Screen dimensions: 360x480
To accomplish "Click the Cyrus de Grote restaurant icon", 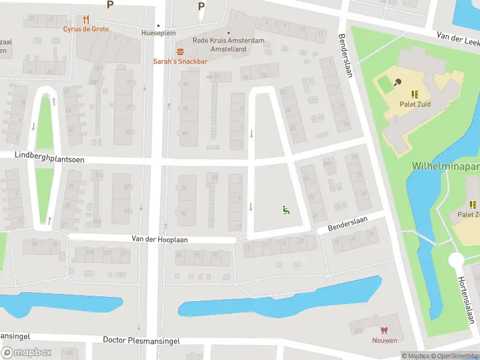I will (86, 19).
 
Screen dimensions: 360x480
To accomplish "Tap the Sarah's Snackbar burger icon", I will (180, 52).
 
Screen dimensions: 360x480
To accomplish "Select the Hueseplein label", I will (158, 34).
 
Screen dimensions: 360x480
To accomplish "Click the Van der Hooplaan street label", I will (160, 239).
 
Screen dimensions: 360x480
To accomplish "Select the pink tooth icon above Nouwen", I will (384, 331).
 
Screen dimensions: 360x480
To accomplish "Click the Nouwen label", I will (384, 341).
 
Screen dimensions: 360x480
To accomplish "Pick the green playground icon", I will (286, 209).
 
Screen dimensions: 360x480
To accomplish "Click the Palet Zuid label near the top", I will (415, 104).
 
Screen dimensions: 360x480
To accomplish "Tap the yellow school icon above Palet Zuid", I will (415, 94).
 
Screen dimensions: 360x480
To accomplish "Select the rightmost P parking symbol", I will (201, 6).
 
